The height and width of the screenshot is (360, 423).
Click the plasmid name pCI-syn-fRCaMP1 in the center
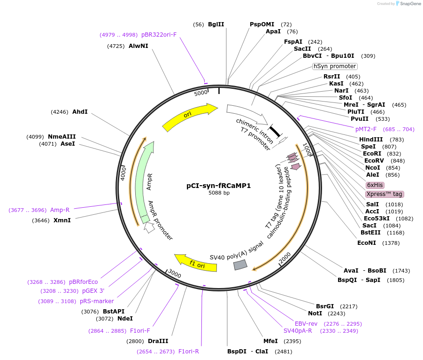219,186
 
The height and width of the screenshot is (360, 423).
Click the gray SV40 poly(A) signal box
240,265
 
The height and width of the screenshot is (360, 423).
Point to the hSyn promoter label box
335,66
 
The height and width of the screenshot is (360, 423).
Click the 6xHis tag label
375,185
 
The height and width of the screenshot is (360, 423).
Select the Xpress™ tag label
384,194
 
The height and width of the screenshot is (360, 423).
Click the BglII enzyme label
216,24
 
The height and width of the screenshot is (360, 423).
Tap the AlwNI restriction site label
138,46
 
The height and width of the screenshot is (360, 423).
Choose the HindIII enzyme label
371,140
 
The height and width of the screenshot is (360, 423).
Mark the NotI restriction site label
315,313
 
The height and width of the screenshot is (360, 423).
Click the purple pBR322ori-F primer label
159,35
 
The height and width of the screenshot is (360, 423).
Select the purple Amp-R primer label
60,210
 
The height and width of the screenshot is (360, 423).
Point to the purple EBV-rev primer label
306,324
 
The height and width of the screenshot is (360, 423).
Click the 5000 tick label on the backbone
201,93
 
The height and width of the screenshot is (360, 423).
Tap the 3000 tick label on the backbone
175,274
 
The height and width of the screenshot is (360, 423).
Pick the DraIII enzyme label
158,341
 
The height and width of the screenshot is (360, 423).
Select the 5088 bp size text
219,193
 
